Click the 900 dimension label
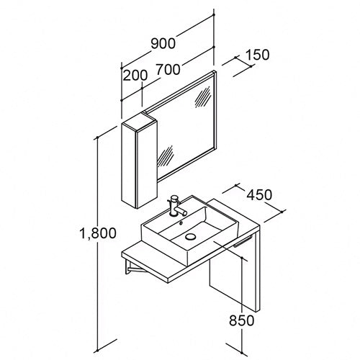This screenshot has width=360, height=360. pyautogui.click(x=163, y=43)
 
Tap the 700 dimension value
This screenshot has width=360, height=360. pyautogui.click(x=168, y=69)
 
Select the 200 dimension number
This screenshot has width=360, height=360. pyautogui.click(x=135, y=75)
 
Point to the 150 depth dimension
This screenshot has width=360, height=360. pyautogui.click(x=258, y=55)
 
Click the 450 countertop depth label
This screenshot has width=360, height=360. pyautogui.click(x=260, y=194)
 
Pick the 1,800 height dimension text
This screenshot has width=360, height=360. pyautogui.click(x=98, y=233)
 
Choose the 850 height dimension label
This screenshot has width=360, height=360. pyautogui.click(x=241, y=320)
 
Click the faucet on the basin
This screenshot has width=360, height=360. pyautogui.click(x=178, y=206)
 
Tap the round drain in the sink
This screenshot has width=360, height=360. pyautogui.click(x=190, y=237)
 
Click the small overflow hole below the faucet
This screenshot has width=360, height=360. pyautogui.click(x=181, y=223)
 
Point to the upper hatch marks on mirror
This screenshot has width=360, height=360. pyautogui.click(x=203, y=96)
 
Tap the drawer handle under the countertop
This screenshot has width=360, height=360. pyautogui.click(x=243, y=241)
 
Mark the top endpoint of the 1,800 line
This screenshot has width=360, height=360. pyautogui.click(x=98, y=138)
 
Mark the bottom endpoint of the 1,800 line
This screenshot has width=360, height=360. pyautogui.click(x=98, y=349)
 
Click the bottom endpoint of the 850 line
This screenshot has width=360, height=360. pyautogui.click(x=242, y=353)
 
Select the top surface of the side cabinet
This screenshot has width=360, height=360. pyautogui.click(x=139, y=122)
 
